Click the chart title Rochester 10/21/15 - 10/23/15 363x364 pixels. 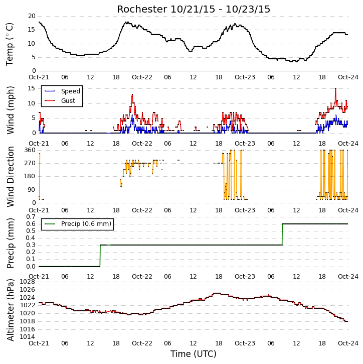click(x=194, y=9)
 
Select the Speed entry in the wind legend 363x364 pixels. click(x=63, y=91)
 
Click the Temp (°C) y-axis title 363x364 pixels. click(x=10, y=44)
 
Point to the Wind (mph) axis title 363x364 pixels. click(x=10, y=110)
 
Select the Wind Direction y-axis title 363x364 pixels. click(x=10, y=176)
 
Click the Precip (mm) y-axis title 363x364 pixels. click(x=10, y=244)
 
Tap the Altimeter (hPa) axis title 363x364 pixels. click(x=10, y=310)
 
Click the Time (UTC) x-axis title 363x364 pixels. click(x=194, y=354)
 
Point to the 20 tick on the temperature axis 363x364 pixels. click(x=32, y=16)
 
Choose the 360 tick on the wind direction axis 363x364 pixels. click(x=30, y=150)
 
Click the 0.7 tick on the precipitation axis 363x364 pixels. click(x=31, y=217)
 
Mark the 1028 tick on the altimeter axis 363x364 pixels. click(x=28, y=282)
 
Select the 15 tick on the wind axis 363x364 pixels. click(x=32, y=88)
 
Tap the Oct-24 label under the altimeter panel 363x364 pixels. click(x=348, y=343)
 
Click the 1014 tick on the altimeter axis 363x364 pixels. click(x=28, y=337)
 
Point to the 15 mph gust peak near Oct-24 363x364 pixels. click(x=335, y=88)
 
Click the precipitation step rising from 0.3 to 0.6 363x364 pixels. click(x=282, y=234)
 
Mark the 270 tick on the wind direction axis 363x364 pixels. click(x=30, y=163)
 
